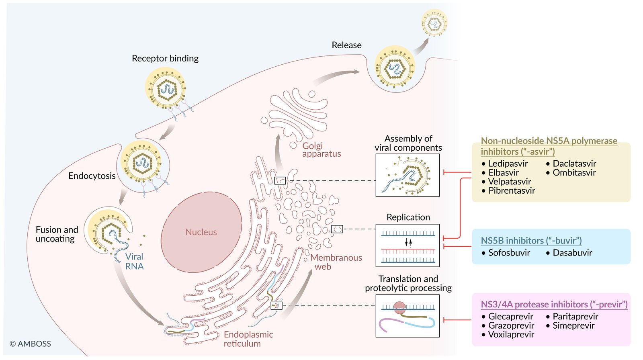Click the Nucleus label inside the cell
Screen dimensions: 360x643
[x=201, y=232]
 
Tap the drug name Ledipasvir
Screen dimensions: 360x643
[x=508, y=164]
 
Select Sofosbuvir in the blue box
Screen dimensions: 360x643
[x=509, y=253]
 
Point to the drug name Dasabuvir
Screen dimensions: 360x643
[x=572, y=253]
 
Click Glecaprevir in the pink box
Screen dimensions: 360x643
[x=511, y=317]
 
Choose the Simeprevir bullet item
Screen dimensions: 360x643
[x=573, y=326]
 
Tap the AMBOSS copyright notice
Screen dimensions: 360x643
[x=31, y=344]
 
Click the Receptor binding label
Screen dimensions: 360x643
[x=165, y=59]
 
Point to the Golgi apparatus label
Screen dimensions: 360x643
[x=321, y=150]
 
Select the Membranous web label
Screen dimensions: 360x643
[x=336, y=262]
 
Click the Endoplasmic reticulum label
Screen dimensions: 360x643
[x=248, y=339]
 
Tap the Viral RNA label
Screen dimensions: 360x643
[x=134, y=261]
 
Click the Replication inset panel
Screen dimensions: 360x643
[x=408, y=245]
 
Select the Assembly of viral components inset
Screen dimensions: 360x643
[x=408, y=175]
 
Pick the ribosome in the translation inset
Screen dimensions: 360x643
[x=400, y=308]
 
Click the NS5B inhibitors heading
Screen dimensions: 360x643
[x=531, y=241]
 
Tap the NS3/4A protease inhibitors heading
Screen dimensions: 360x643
[x=554, y=305]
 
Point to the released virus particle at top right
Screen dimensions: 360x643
[x=434, y=23]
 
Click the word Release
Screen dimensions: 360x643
[x=346, y=45]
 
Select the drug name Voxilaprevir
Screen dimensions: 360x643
[x=511, y=335]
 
